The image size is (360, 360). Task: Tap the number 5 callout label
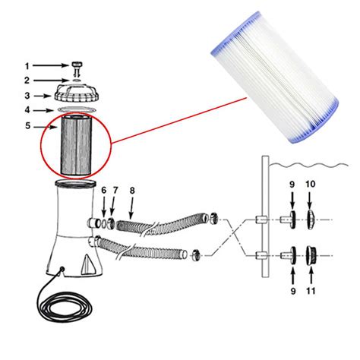(x=29, y=127)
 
